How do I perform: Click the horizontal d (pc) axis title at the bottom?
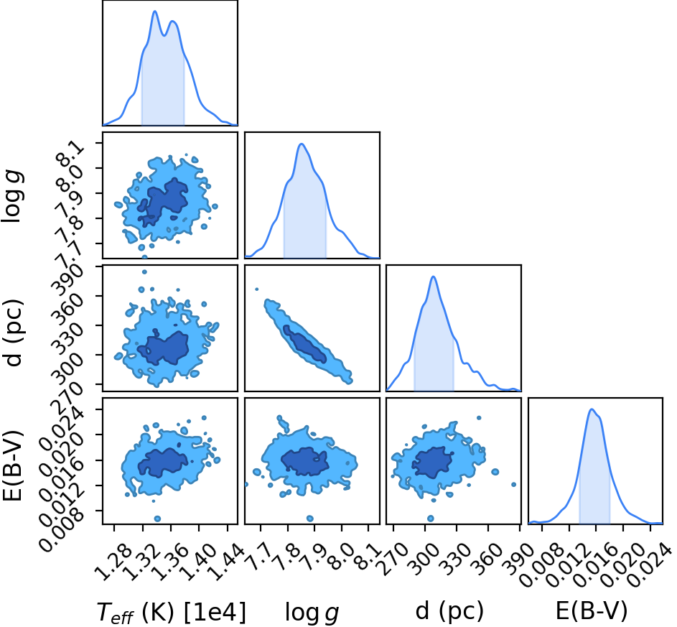point(449,611)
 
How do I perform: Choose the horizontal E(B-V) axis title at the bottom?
point(591,611)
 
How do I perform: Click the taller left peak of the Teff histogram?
point(154,11)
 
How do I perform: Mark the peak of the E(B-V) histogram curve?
point(592,409)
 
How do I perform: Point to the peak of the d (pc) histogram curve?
point(434,277)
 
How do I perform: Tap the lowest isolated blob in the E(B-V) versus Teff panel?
point(157,519)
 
